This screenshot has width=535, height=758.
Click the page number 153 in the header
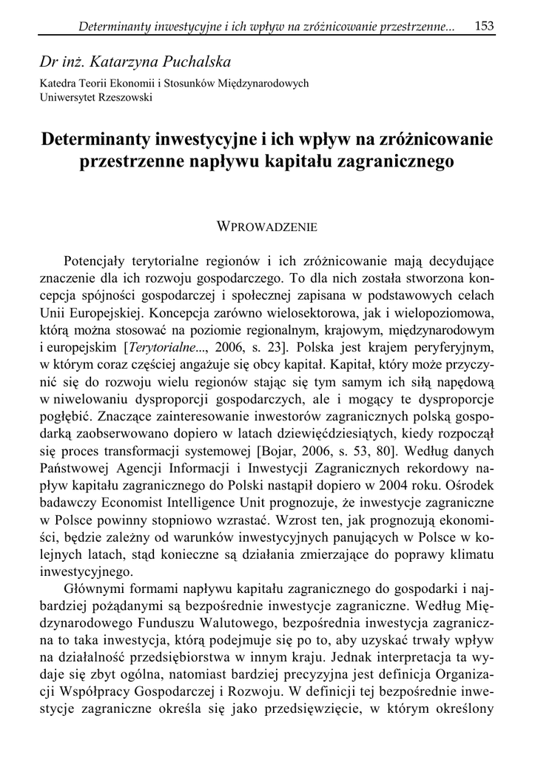point(485,27)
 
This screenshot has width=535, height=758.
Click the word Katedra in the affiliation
point(57,84)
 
